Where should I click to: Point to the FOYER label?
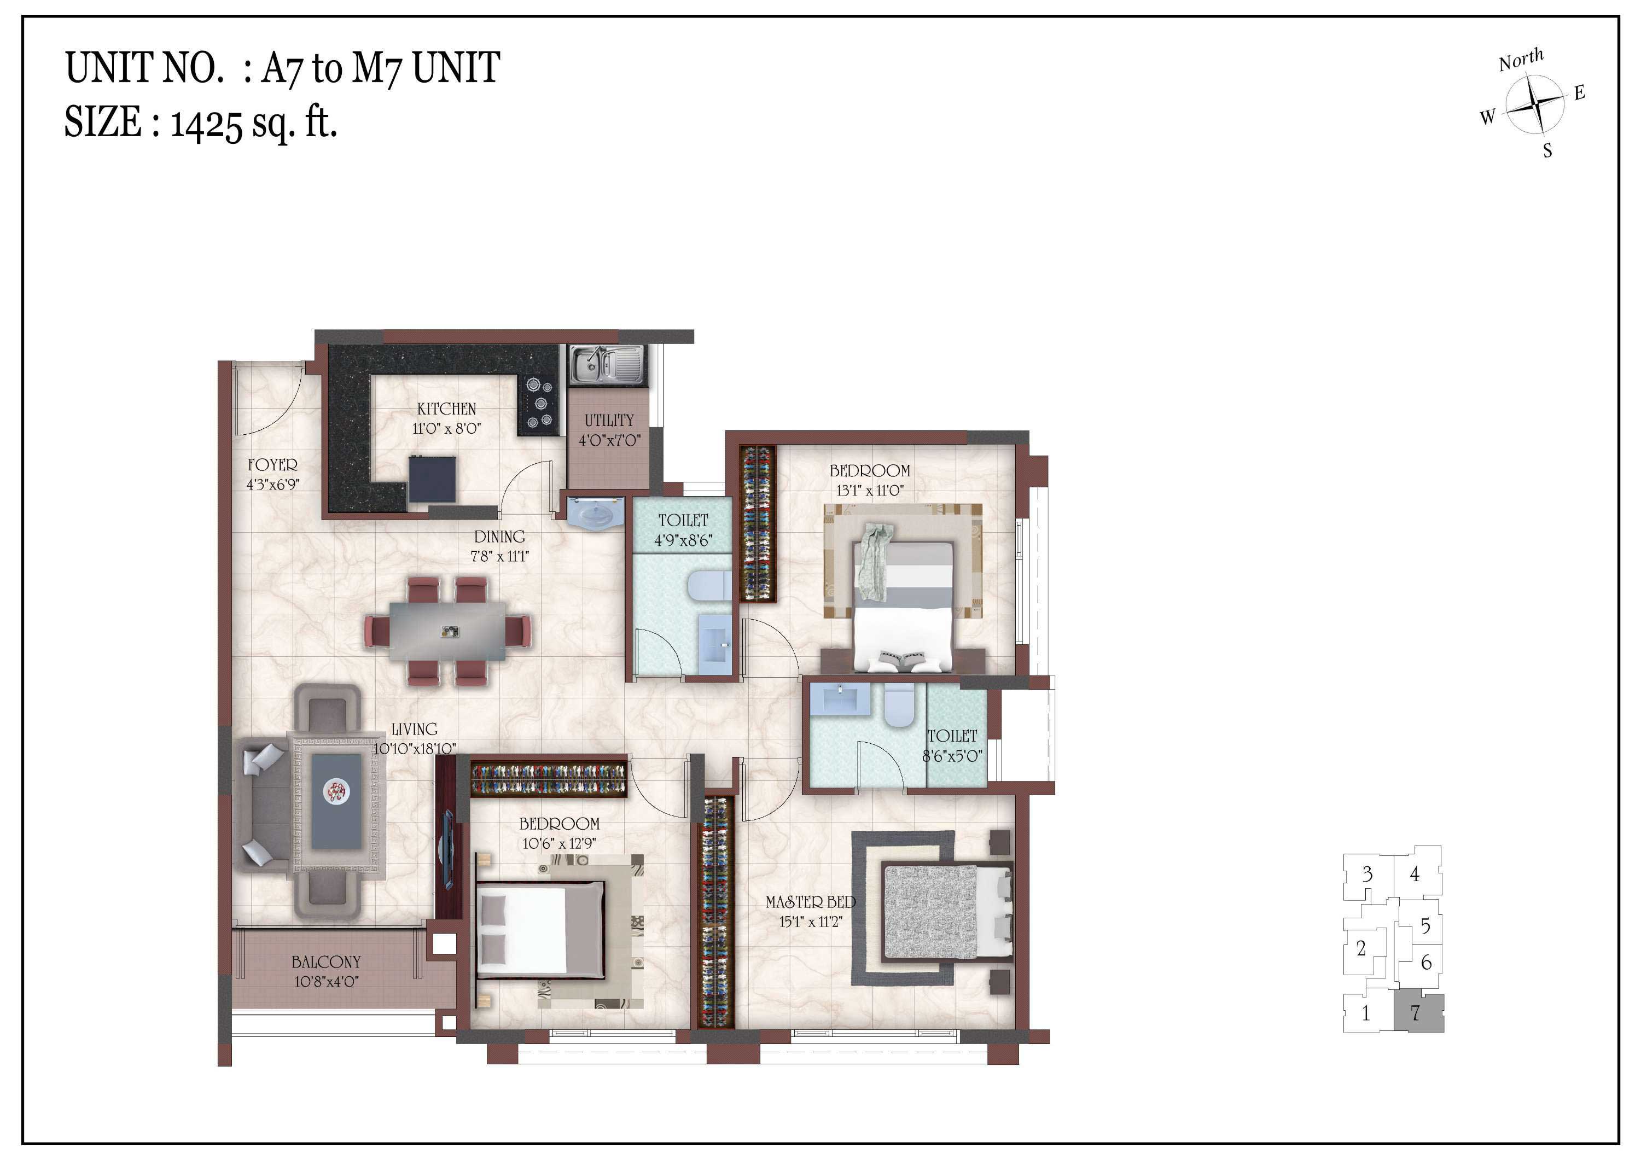coord(272,464)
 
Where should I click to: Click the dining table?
coord(447,632)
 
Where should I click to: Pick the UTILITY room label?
coord(609,420)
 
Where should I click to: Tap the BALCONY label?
coord(326,962)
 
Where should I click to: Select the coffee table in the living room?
coord(336,801)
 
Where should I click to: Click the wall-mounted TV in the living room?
coord(447,850)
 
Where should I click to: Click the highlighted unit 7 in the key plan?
coord(1419,1013)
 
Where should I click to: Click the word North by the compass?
coord(1521,60)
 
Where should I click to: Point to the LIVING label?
coord(415,730)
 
